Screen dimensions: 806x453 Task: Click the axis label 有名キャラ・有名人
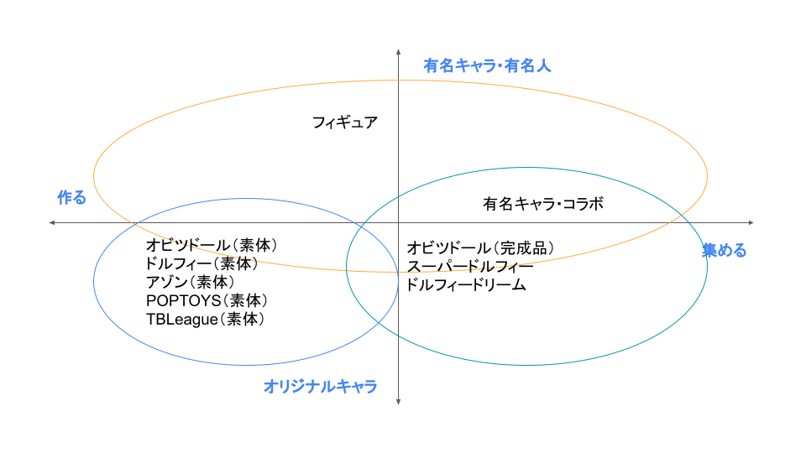[x=487, y=65]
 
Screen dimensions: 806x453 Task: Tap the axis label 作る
[x=71, y=197]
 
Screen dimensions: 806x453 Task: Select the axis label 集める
[x=725, y=250]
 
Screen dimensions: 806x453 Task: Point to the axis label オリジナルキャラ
[x=320, y=386]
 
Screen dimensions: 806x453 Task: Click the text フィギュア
[x=345, y=122]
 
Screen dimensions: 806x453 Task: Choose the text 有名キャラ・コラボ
[x=543, y=204]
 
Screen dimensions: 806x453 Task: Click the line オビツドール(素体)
[x=212, y=245]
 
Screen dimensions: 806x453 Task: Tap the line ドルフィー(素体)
[x=202, y=263]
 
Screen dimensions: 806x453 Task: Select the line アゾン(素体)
[x=191, y=282]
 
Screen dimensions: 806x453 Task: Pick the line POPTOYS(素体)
[x=207, y=300]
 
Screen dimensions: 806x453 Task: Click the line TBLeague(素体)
[x=206, y=319]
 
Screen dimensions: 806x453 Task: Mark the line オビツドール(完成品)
[x=481, y=248]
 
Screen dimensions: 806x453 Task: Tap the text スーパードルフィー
[x=470, y=267]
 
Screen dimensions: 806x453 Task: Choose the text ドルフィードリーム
[x=466, y=285]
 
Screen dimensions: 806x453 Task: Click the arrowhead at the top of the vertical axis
[x=398, y=51]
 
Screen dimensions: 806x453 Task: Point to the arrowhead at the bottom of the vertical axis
[x=398, y=403]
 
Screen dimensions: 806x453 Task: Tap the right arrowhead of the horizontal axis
[x=752, y=222]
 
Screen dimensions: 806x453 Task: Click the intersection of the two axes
[x=398, y=222]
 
